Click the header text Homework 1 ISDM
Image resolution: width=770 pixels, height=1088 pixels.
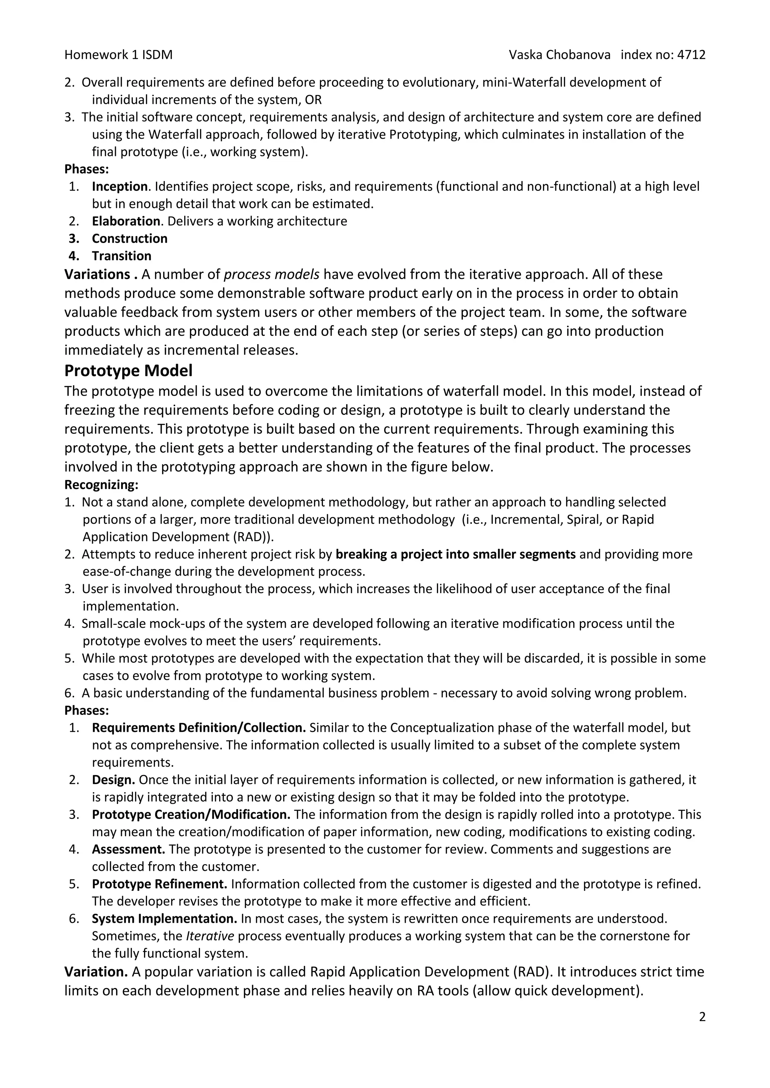pyautogui.click(x=118, y=55)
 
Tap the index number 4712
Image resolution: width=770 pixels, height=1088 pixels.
pyautogui.click(x=691, y=55)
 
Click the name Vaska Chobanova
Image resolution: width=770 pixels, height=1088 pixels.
pyautogui.click(x=559, y=55)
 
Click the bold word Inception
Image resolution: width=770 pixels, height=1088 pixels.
pyautogui.click(x=120, y=187)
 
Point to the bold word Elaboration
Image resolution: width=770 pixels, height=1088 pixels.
pyautogui.click(x=126, y=221)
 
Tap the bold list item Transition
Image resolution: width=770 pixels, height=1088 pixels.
pyautogui.click(x=121, y=256)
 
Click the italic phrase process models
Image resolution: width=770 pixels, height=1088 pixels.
pyautogui.click(x=271, y=274)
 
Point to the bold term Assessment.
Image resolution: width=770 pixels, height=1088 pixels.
pyautogui.click(x=128, y=849)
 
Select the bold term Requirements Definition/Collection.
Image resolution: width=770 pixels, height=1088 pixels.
pyautogui.click(x=199, y=727)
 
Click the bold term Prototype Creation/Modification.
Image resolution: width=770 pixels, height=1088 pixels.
pyautogui.click(x=191, y=814)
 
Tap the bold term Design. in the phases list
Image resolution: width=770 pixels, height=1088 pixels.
pyautogui.click(x=113, y=780)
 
